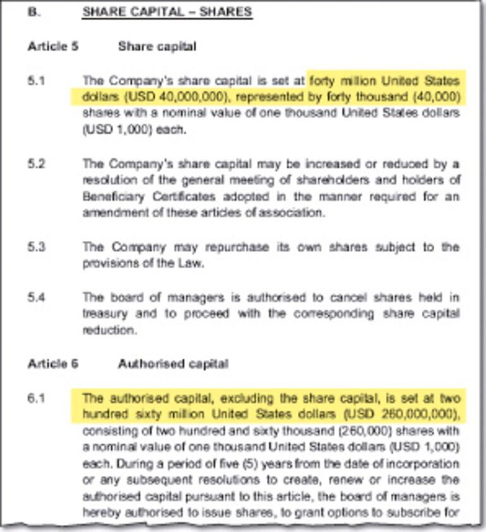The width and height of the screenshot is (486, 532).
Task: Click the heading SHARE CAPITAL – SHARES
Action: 167,12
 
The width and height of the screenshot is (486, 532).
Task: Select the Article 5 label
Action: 53,47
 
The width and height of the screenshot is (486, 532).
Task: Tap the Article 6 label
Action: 53,364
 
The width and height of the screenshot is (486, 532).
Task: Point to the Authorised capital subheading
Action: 173,364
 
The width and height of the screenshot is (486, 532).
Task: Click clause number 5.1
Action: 37,82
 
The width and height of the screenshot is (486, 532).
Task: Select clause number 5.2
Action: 37,164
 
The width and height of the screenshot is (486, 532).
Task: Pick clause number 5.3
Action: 37,246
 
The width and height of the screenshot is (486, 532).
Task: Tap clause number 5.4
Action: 37,297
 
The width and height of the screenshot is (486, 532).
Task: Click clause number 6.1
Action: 37,399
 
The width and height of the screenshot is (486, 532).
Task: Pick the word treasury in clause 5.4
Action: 103,313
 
